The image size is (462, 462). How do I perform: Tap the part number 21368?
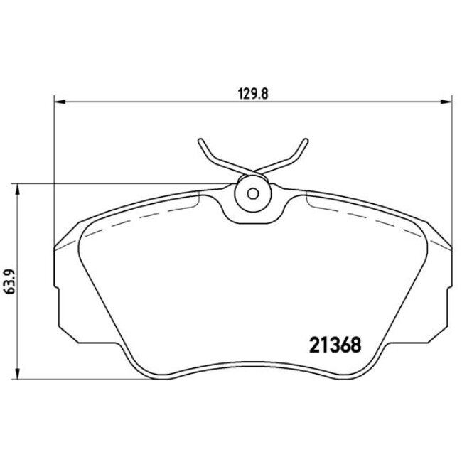click(335, 345)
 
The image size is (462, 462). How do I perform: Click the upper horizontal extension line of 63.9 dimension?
click(107, 185)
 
